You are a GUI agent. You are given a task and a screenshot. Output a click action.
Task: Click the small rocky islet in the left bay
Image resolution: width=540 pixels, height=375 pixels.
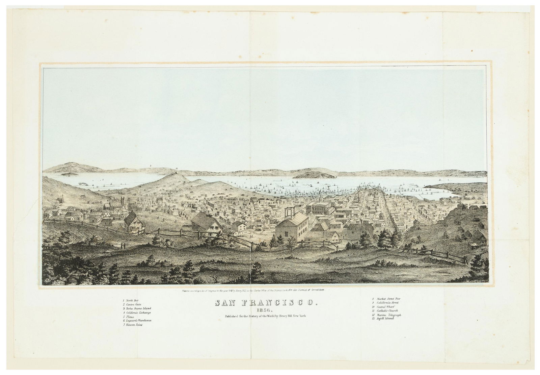[x=69, y=174]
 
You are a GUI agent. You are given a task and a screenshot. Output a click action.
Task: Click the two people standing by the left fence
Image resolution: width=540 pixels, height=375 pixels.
[x=124, y=246]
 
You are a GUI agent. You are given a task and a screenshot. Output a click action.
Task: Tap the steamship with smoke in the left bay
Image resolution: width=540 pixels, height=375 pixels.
[x=84, y=183]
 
